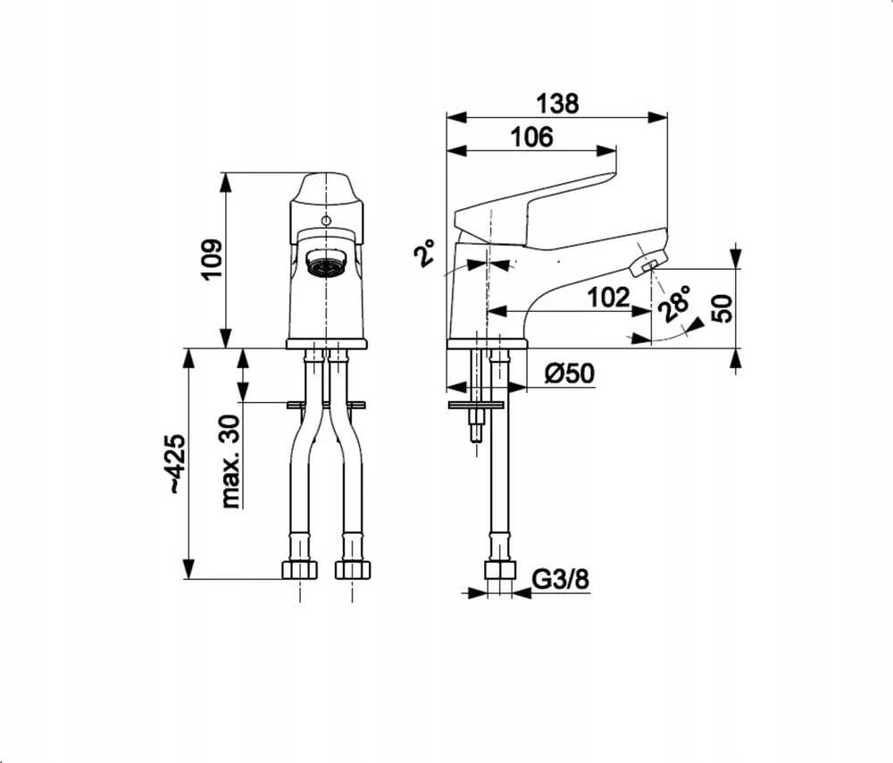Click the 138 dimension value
click(x=557, y=103)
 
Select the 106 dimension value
click(x=530, y=137)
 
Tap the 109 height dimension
click(x=213, y=259)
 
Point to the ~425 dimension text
click(x=177, y=464)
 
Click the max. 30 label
click(x=230, y=461)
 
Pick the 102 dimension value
click(x=608, y=298)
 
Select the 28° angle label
click(x=674, y=305)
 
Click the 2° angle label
click(x=423, y=253)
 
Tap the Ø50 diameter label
click(x=569, y=373)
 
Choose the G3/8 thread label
click(x=561, y=580)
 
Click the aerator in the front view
click(x=325, y=264)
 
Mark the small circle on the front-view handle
click(x=325, y=221)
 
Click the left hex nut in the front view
click(x=299, y=570)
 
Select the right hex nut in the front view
click(x=353, y=570)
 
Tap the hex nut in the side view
click(x=499, y=570)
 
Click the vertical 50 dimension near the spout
click(x=724, y=308)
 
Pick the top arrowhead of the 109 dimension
click(x=226, y=182)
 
